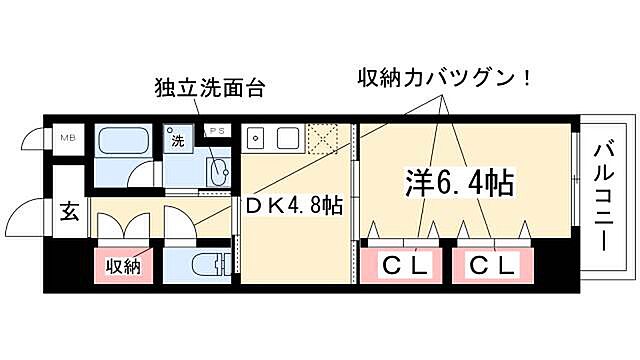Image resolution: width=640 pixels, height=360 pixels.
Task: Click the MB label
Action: click(68, 137)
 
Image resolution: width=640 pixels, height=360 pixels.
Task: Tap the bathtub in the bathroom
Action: click(124, 140)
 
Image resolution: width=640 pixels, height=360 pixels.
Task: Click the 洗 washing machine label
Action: click(178, 142)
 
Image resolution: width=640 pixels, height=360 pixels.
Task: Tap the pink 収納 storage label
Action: click(123, 266)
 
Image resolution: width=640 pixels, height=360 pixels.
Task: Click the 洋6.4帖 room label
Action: click(459, 182)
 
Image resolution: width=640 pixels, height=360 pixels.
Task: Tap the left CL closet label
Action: click(405, 266)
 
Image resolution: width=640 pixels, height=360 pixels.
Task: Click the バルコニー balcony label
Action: click(605, 200)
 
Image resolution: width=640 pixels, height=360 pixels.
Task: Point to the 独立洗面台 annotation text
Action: click(209, 86)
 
